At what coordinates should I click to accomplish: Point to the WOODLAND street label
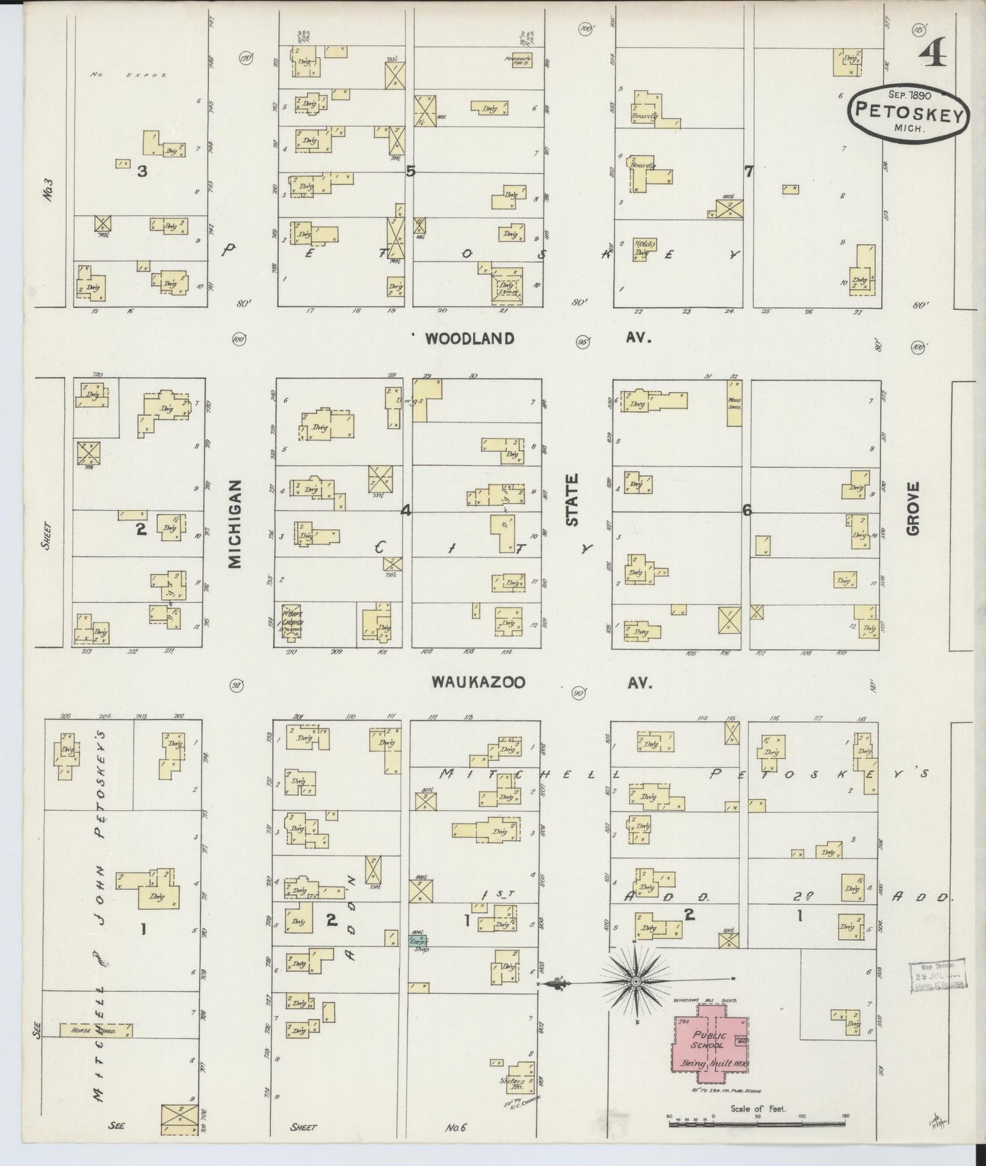coord(469,339)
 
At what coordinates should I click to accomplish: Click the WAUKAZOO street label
coord(478,682)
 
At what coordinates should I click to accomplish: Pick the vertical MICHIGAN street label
coord(235,523)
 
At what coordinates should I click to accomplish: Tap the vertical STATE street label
coord(572,500)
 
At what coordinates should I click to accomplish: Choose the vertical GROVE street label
coord(914,508)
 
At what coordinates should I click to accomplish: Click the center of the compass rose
coord(635,981)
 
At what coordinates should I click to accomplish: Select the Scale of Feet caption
coord(757,1109)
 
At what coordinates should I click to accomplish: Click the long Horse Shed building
coord(95,1030)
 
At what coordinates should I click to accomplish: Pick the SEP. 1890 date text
coord(910,95)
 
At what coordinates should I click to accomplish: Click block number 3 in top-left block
coord(141,172)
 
